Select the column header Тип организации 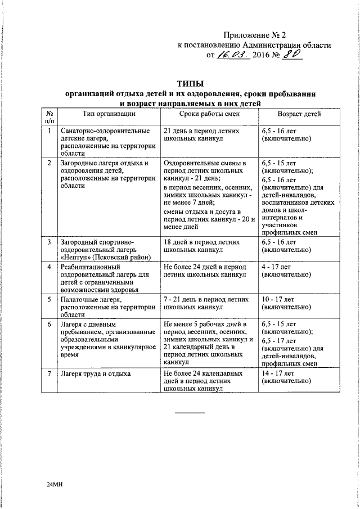pyautogui.click(x=108, y=114)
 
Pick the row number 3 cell pyautogui.click(x=49, y=242)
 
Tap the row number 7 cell pyautogui.click(x=49, y=373)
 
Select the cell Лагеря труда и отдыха pyautogui.click(x=95, y=373)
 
